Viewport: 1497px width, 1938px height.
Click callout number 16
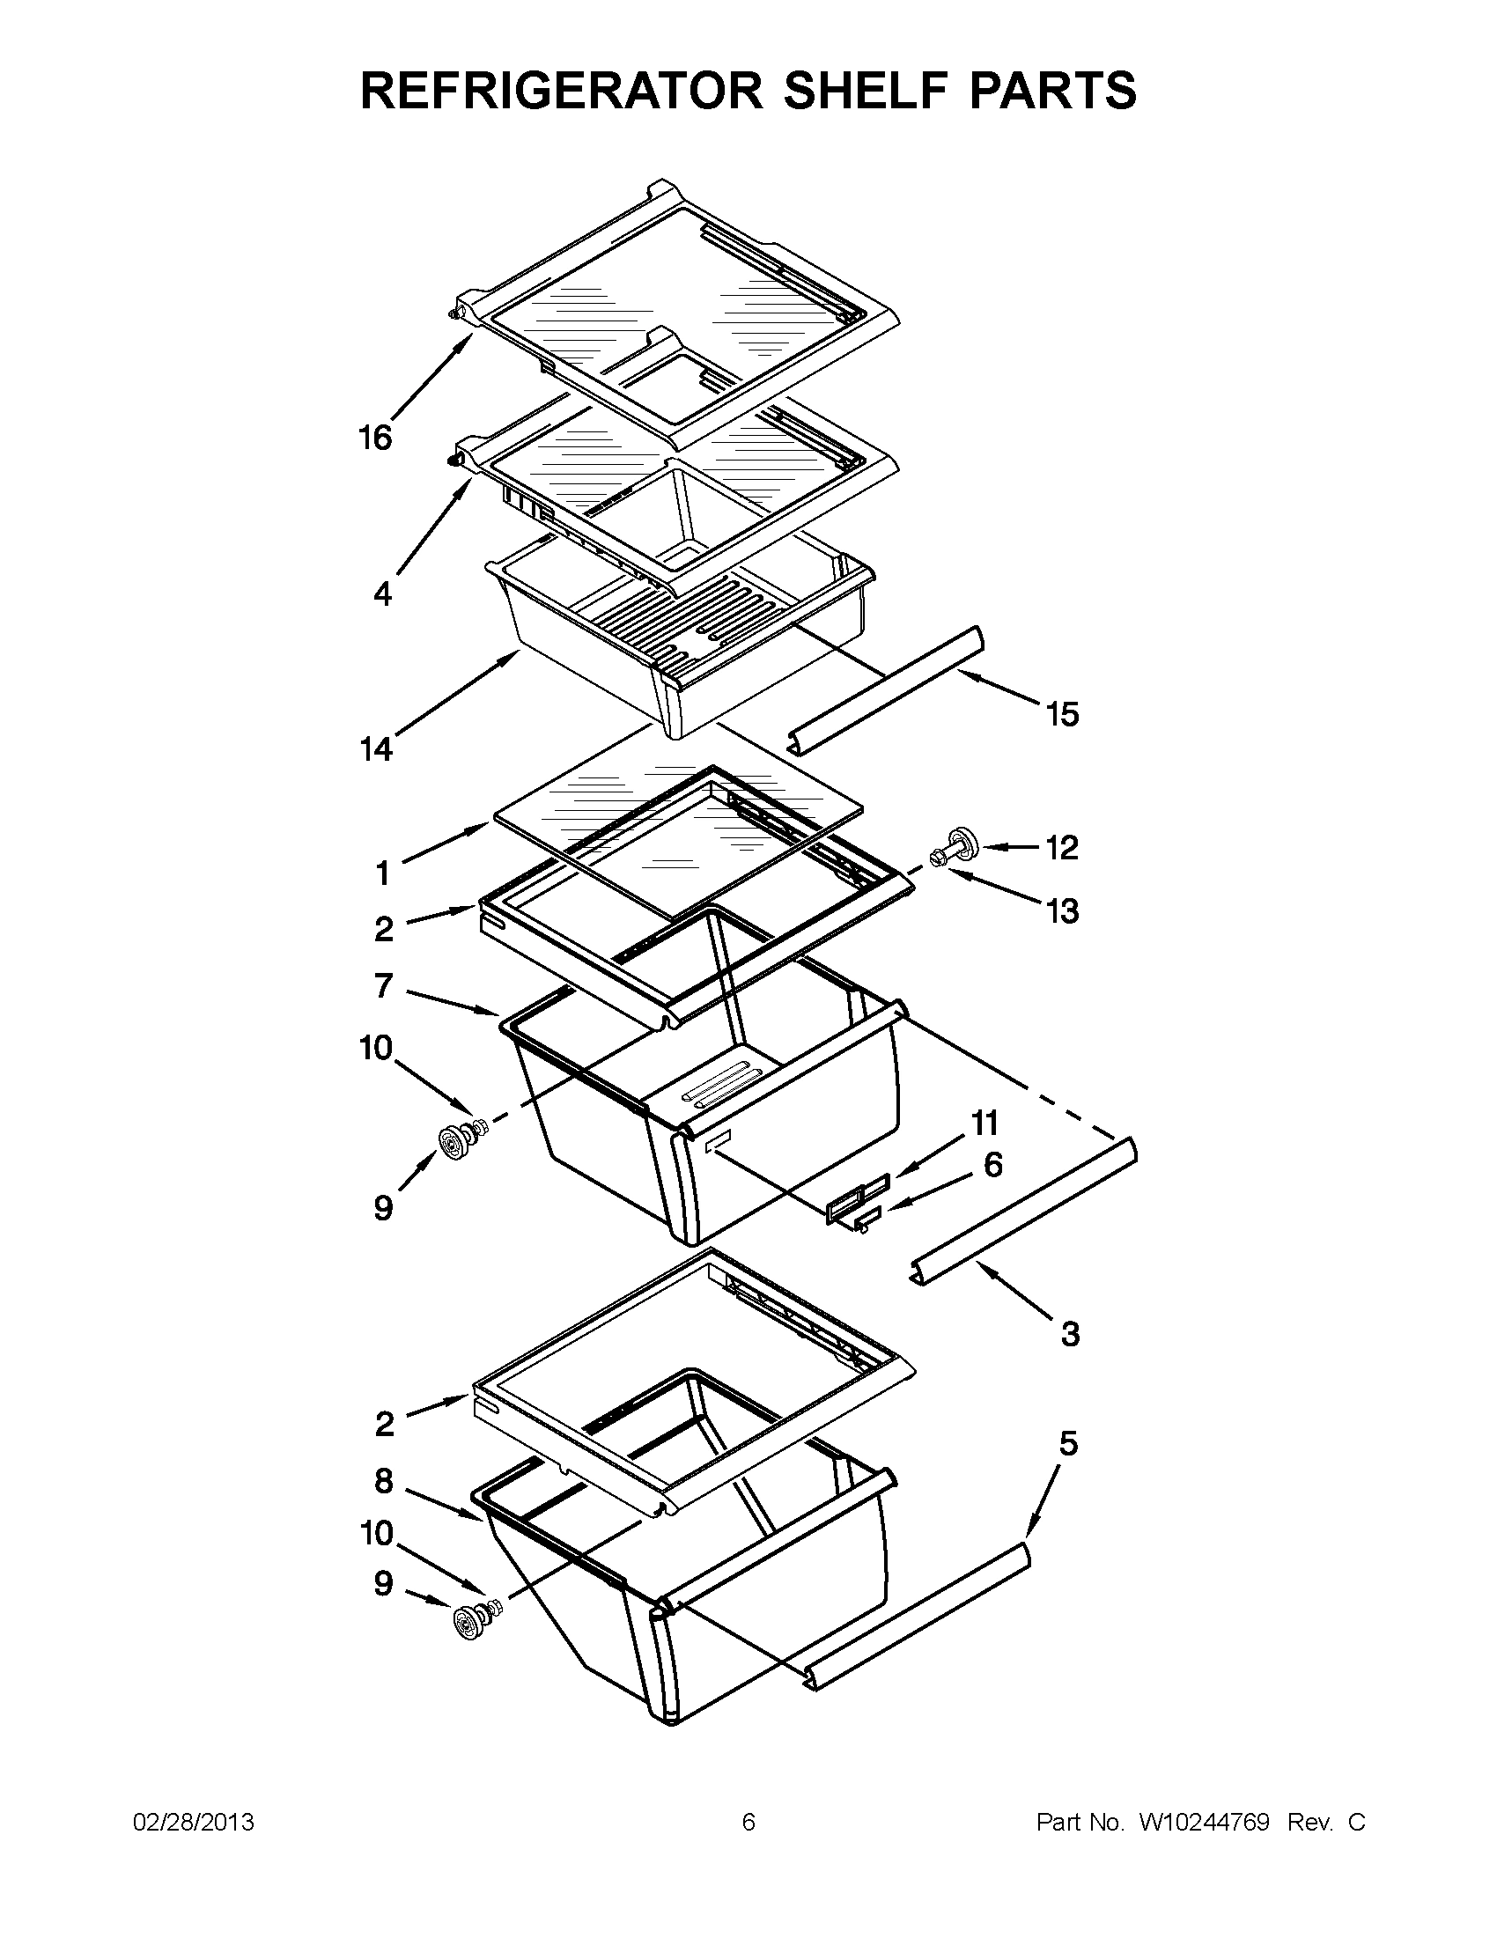click(x=374, y=438)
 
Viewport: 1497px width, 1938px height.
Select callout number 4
click(x=382, y=593)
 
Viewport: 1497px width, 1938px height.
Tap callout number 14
click(x=376, y=750)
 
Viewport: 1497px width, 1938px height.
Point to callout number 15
click(x=1062, y=713)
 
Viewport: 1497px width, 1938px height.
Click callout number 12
click(x=1062, y=847)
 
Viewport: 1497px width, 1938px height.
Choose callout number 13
click(x=1062, y=910)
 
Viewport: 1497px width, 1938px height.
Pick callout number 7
click(x=383, y=985)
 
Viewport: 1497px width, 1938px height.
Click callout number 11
click(x=985, y=1124)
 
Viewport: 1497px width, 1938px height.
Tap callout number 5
click(x=1068, y=1444)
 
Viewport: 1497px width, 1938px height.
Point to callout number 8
click(x=383, y=1480)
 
